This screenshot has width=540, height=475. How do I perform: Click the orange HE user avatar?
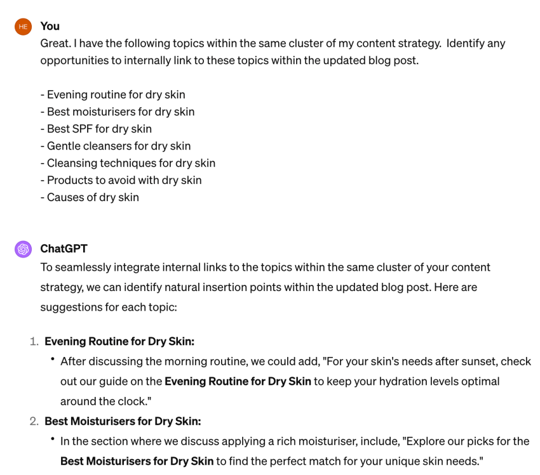23,27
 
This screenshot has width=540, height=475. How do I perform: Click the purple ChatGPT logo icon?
23,249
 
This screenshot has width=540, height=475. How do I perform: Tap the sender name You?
50,26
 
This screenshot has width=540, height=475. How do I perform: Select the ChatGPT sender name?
63,249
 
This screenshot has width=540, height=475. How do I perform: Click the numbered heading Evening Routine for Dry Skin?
119,341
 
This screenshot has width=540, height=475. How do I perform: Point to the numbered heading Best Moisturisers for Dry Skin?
123,421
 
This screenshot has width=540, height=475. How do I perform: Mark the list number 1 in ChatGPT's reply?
34,341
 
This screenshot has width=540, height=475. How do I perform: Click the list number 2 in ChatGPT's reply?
34,421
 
